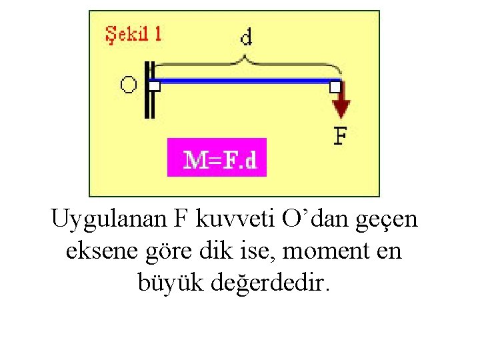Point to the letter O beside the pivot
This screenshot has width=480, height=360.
[129, 85]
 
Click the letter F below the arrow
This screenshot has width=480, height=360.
[340, 137]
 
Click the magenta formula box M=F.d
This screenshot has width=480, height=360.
[217, 158]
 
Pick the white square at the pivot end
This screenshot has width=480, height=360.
[155, 85]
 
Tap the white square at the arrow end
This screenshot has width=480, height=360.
[335, 85]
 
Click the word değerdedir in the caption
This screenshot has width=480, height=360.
[269, 283]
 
